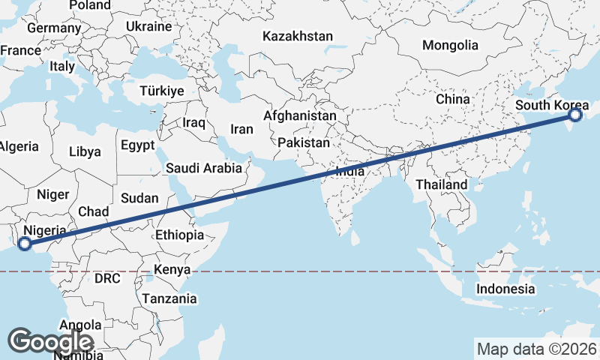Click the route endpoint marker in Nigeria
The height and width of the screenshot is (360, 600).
pyautogui.click(x=24, y=243)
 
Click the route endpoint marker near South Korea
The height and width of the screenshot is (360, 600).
pyautogui.click(x=575, y=115)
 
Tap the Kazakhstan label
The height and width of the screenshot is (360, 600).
pyautogui.click(x=298, y=36)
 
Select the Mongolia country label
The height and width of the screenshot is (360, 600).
pyautogui.click(x=450, y=45)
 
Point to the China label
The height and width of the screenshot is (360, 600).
pyautogui.click(x=452, y=99)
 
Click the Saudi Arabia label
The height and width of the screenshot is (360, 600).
pyautogui.click(x=204, y=168)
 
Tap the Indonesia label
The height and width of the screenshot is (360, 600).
pyautogui.click(x=506, y=289)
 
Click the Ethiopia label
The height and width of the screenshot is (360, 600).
pyautogui.click(x=179, y=235)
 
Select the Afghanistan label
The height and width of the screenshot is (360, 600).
pyautogui.click(x=299, y=116)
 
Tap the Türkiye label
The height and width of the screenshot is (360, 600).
pyautogui.click(x=161, y=91)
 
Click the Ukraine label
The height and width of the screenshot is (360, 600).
pyautogui.click(x=148, y=26)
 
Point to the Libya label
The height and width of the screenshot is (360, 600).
pyautogui.click(x=85, y=151)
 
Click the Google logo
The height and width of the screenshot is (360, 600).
pyautogui.click(x=51, y=341)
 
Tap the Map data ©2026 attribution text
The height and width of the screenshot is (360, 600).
pyautogui.click(x=537, y=349)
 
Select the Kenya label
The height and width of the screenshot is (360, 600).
pyautogui.click(x=172, y=269)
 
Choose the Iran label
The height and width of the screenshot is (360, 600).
pyautogui.click(x=241, y=129)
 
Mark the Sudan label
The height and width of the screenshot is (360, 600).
pyautogui.click(x=139, y=198)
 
